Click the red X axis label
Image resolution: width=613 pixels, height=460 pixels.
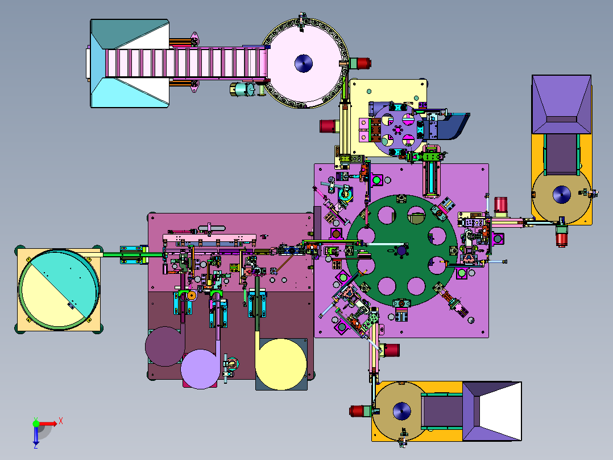[x=61, y=421]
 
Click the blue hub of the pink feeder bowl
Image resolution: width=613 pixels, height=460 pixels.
[x=304, y=63]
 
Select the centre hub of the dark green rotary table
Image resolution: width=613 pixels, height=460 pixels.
[x=401, y=250]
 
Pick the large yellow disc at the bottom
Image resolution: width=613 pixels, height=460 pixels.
[x=281, y=364]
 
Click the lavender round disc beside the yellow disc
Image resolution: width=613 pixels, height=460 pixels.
[x=200, y=369]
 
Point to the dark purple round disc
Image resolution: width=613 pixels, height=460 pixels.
[x=165, y=347]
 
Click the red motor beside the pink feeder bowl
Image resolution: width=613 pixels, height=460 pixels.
[x=361, y=63]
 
